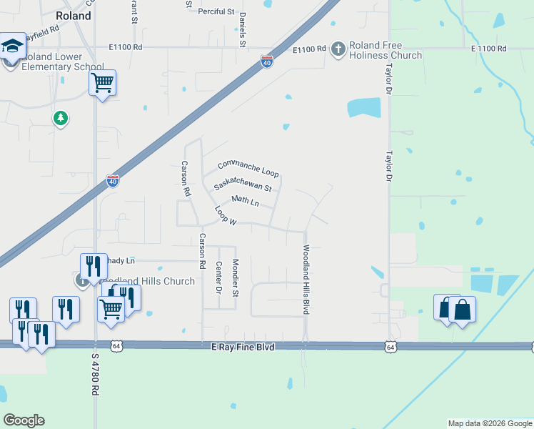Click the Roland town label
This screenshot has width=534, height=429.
click(74, 16)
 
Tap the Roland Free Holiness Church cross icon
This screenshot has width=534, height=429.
click(338, 49)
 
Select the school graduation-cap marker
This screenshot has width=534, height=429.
click(12, 46)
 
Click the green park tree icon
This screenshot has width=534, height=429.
click(61, 118)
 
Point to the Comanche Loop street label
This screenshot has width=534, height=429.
click(248, 168)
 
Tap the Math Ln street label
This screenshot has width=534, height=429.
click(245, 201)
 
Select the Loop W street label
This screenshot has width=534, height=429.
click(225, 217)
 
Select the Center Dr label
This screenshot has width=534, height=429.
click(218, 277)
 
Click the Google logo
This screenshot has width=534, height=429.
click(24, 420)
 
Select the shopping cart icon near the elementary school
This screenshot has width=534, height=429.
click(102, 84)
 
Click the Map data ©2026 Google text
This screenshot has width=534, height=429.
click(489, 423)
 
